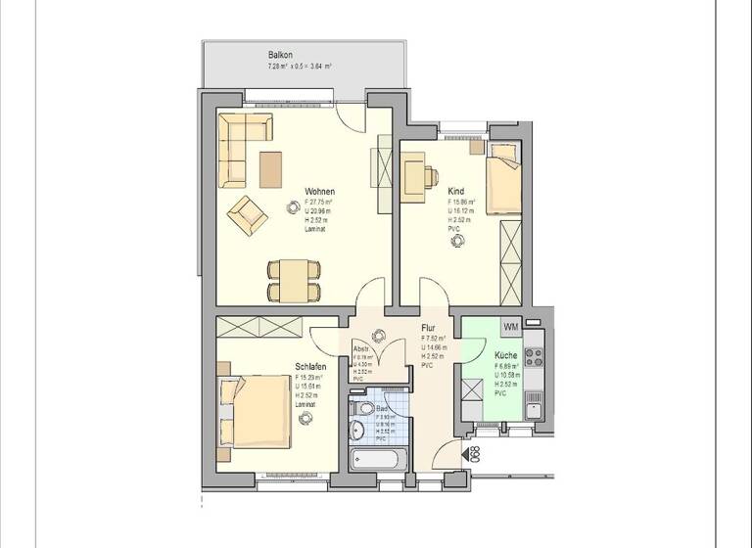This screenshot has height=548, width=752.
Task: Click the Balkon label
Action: [x=281, y=55]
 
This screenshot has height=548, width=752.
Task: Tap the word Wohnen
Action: [x=320, y=192]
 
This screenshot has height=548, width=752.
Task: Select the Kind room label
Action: [x=456, y=192]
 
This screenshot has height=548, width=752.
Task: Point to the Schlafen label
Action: [x=310, y=367]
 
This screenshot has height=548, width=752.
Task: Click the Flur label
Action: [x=428, y=330]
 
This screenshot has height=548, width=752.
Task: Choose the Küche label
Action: [x=505, y=355]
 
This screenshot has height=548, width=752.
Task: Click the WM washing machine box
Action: [x=510, y=326]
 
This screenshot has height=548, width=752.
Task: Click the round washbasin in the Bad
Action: [x=358, y=432]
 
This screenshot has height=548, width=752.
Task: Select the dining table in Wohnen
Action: [x=293, y=280]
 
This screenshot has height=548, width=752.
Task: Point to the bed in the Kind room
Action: [x=504, y=178]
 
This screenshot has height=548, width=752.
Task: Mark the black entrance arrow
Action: [x=464, y=453]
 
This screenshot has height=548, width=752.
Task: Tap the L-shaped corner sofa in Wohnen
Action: [x=236, y=147]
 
